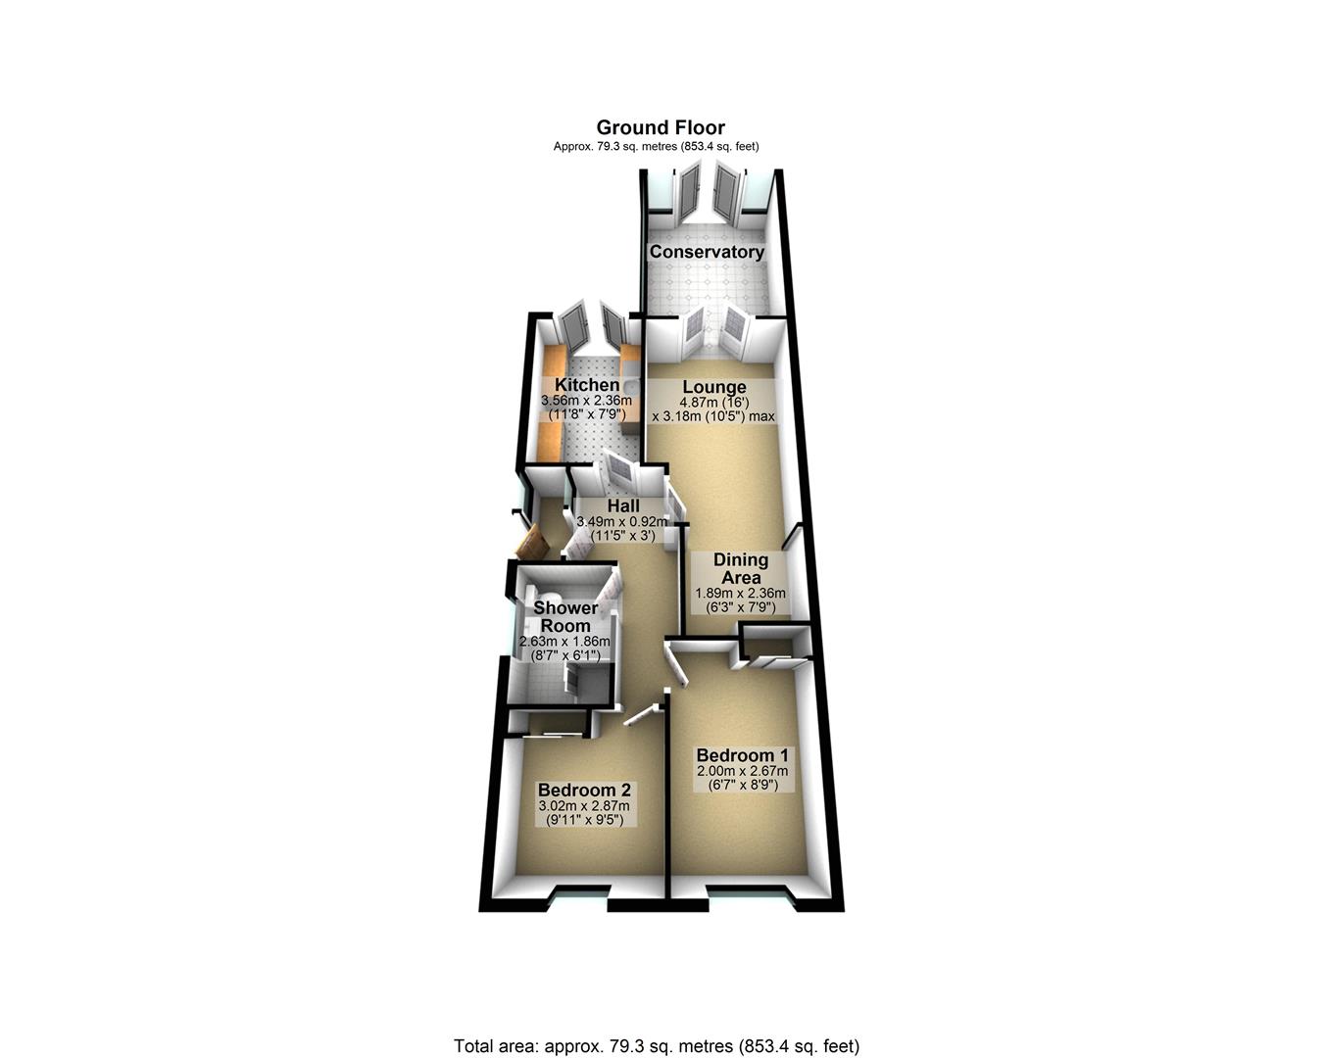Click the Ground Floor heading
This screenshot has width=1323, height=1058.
661,127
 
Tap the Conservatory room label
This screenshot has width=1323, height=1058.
707,252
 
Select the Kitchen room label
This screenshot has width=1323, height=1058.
586,385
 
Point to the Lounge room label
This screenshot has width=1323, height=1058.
714,388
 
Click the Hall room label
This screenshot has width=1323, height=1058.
623,506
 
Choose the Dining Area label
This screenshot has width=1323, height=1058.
741,569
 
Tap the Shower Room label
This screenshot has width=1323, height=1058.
565,617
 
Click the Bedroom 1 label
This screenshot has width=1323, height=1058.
742,755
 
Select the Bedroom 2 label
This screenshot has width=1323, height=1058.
584,790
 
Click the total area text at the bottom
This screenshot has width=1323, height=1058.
657,1045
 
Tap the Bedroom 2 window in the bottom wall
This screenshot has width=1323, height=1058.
580,893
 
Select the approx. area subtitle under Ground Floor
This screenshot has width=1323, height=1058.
657,147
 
